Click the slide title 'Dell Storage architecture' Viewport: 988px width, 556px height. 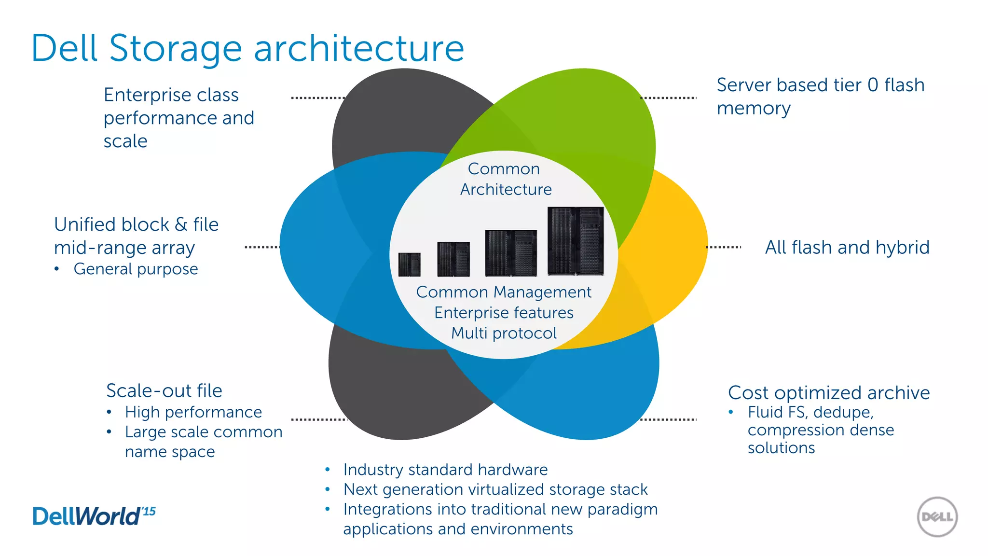tap(247, 48)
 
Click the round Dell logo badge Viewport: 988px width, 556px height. tap(937, 517)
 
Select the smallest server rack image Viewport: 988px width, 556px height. tap(409, 264)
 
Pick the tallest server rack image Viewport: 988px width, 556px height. tap(576, 241)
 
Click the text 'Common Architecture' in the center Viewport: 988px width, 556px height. tap(505, 179)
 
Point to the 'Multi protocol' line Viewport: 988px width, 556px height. tap(504, 333)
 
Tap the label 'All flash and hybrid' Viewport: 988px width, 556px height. tap(847, 247)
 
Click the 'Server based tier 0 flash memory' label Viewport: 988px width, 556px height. tap(820, 97)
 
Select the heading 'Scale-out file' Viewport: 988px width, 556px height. tap(164, 390)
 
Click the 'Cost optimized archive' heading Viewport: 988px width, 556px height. tap(828, 392)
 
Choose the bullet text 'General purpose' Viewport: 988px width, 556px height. tap(136, 269)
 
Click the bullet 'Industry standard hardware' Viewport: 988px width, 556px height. tap(445, 470)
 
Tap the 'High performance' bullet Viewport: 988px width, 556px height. tap(193, 412)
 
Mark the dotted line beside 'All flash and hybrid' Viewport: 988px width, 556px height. tap(723, 247)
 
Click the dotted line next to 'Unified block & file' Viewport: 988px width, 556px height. tap(262, 247)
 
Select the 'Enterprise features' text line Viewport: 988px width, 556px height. tap(504, 313)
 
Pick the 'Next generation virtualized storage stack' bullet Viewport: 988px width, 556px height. tap(495, 489)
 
